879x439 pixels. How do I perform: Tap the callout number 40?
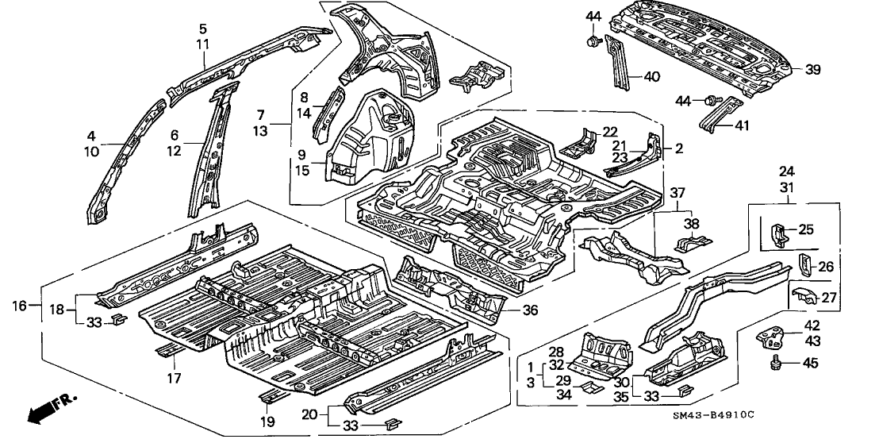point(650,77)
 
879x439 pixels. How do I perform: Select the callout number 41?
point(742,125)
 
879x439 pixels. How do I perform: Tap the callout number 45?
point(809,364)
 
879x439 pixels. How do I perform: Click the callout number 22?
point(609,132)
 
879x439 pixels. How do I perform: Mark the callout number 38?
point(692,224)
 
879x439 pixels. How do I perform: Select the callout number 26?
point(826,267)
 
